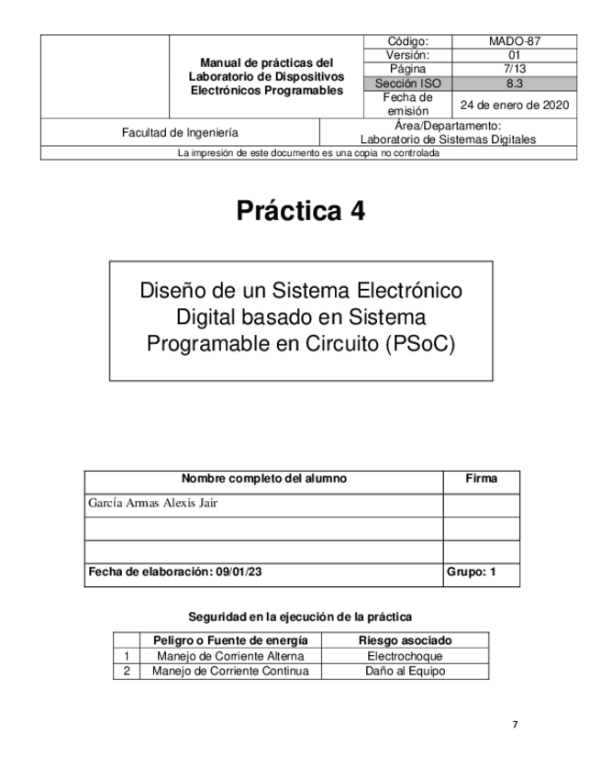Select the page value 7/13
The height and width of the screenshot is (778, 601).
514,69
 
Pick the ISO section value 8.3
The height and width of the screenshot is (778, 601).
514,83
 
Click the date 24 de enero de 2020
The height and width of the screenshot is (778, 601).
515,104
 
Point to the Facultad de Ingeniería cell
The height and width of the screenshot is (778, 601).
180,132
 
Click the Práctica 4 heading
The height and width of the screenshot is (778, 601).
301,211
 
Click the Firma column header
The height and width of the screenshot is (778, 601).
482,479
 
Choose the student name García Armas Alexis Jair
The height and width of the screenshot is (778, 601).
153,503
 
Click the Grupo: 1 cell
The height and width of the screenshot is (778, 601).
471,572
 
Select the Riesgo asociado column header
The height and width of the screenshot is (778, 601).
405,640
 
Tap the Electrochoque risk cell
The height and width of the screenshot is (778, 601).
405,656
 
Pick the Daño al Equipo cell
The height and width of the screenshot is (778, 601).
405,671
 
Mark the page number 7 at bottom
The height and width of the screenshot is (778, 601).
515,725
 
